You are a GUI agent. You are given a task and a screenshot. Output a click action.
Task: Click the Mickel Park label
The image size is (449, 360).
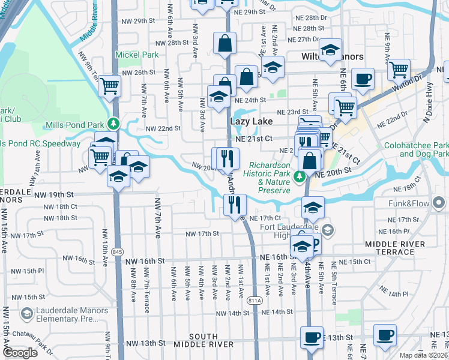pos(137,55)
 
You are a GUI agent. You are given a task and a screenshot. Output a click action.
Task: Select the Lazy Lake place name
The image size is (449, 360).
pos(252,121)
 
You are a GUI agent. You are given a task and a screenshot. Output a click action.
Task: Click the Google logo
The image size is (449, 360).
pos(20,353)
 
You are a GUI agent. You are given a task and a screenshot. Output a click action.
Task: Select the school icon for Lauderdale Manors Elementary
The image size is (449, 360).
pos(26,314)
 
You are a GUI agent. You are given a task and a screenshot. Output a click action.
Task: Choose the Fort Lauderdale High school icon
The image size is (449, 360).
pos(327,229)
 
